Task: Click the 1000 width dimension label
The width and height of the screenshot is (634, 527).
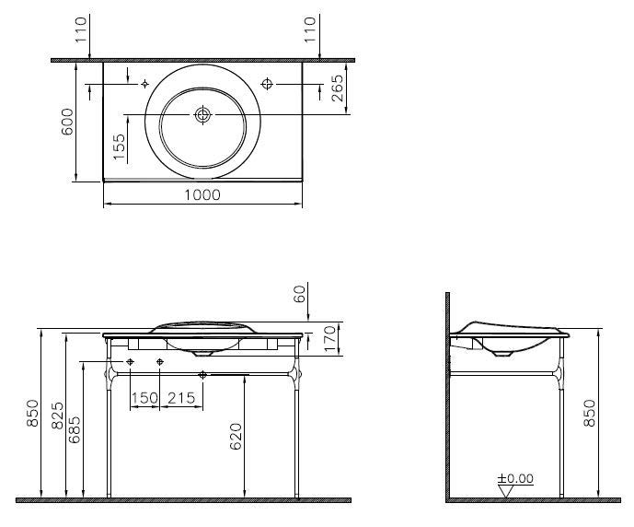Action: pyautogui.click(x=202, y=195)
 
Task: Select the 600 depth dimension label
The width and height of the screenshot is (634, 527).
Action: pyautogui.click(x=67, y=122)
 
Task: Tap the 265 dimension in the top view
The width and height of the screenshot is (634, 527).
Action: pyautogui.click(x=337, y=88)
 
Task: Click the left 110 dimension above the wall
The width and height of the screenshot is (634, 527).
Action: pyautogui.click(x=81, y=29)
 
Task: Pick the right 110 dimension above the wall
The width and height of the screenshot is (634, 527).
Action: pyautogui.click(x=310, y=29)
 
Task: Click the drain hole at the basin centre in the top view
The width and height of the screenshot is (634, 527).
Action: pyautogui.click(x=202, y=115)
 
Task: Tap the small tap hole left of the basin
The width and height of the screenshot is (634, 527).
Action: pyautogui.click(x=144, y=84)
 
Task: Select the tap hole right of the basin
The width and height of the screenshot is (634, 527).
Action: pyautogui.click(x=267, y=84)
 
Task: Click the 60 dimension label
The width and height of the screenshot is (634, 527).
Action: pyautogui.click(x=300, y=294)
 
